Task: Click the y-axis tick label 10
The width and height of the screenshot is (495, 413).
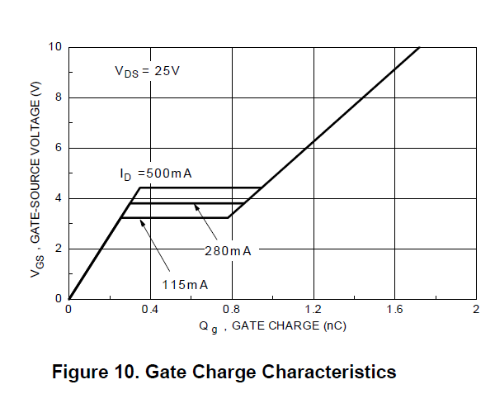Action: point(54,47)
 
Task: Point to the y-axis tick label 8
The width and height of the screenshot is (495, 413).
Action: point(58,97)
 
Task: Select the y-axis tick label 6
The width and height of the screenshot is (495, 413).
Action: point(58,148)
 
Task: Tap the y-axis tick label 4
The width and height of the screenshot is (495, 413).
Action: point(58,198)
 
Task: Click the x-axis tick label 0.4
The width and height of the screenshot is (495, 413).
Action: point(149,310)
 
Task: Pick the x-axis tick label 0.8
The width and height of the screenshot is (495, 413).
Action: point(231,310)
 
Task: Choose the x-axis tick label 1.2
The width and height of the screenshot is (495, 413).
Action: point(313,310)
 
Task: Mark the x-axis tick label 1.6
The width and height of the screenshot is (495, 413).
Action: point(394,310)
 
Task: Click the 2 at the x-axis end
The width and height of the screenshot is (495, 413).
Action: point(476,310)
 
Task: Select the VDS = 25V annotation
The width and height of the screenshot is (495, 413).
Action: point(147,71)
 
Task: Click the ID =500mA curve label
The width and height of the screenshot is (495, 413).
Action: point(155,174)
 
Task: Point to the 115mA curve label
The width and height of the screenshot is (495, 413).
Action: point(185,284)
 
